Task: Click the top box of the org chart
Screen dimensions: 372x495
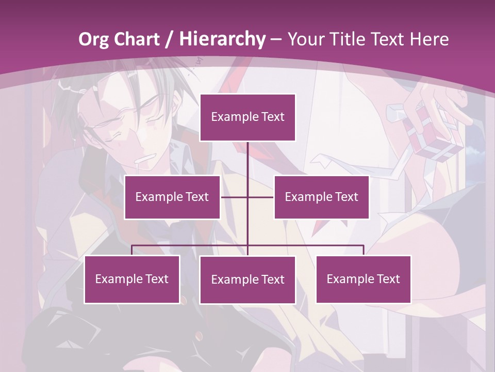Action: coord(247,117)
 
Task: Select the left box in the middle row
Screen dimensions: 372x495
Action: coord(172,197)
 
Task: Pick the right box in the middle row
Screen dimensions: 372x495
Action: coord(322,197)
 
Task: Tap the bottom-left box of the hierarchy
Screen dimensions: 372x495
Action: coord(132,279)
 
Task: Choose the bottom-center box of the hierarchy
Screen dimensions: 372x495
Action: coord(247,280)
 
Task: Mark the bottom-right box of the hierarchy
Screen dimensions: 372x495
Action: coord(364,279)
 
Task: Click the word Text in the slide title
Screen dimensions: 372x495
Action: coord(391,39)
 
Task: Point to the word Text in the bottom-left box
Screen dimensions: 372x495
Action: coord(156,279)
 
